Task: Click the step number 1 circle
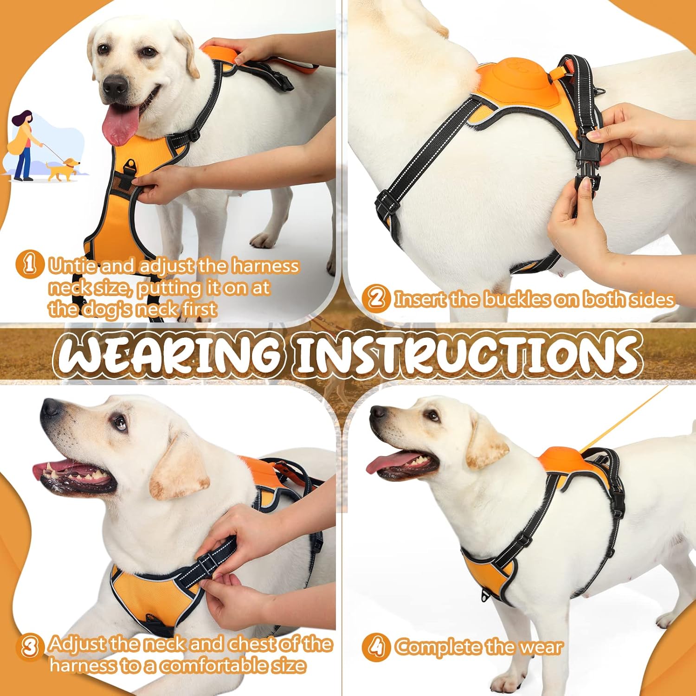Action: point(29,264)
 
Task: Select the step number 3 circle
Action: point(29,646)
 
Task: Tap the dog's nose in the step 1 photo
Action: point(115,86)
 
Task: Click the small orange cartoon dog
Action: point(63,169)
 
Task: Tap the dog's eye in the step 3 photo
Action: point(120,422)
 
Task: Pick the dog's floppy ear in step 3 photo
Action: point(179,469)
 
